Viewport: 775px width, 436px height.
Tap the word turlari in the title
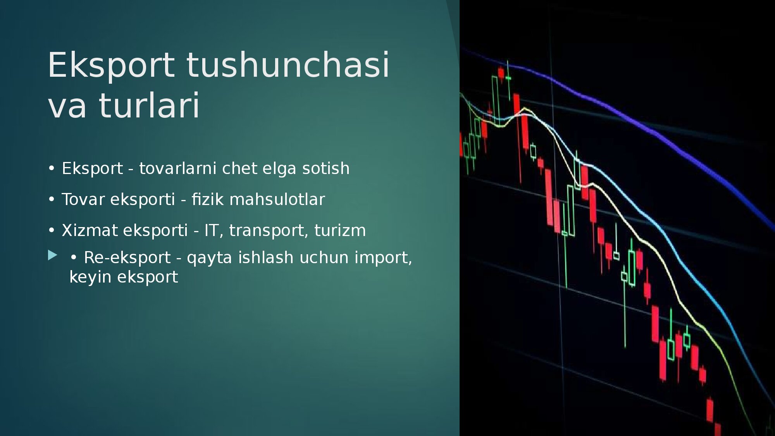(149, 105)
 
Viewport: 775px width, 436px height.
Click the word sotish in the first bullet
(326, 169)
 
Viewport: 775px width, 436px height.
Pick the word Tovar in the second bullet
(83, 200)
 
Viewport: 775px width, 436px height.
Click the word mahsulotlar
(277, 200)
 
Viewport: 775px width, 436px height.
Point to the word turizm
(340, 231)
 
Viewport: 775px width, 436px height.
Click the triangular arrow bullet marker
(53, 255)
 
